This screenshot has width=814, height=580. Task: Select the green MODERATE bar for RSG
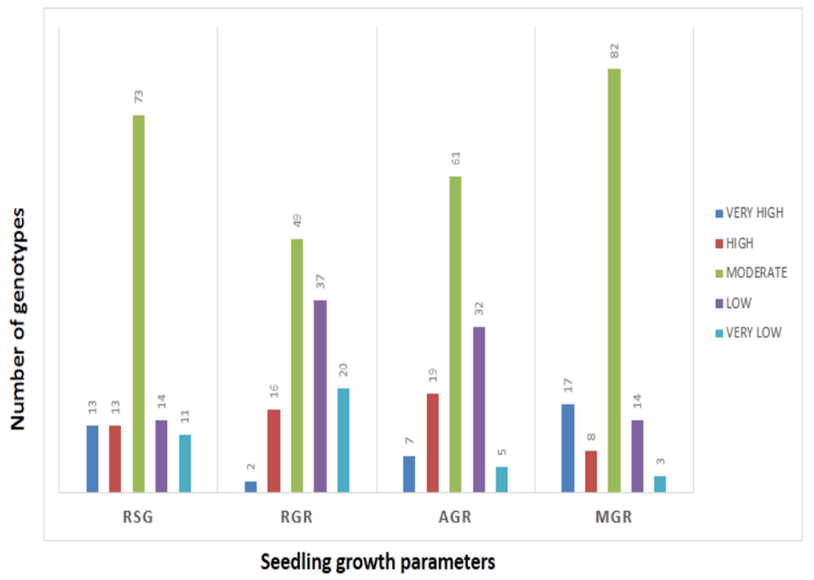pos(139,304)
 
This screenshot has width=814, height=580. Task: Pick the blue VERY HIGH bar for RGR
pos(251,487)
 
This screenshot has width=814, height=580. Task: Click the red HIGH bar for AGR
pos(433,443)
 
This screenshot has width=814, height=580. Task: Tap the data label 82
pos(614,51)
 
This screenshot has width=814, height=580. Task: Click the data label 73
pos(139,97)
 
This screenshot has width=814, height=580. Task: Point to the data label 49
pos(297,221)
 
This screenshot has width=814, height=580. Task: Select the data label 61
pos(456,158)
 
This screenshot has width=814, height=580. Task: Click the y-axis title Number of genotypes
pos(18,319)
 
